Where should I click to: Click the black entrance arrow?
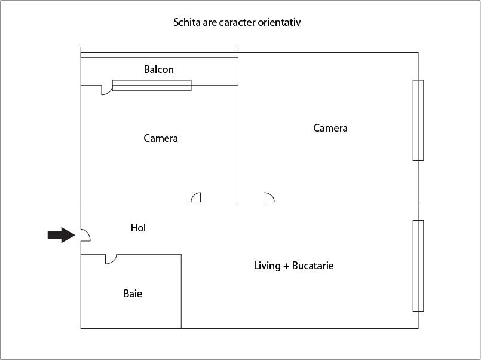click(x=62, y=235)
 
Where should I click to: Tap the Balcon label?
click(x=158, y=69)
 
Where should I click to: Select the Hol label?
click(x=138, y=228)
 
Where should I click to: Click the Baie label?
click(x=133, y=294)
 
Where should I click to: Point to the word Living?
click(x=267, y=266)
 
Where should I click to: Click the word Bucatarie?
click(x=313, y=266)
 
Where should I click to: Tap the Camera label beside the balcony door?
click(x=161, y=138)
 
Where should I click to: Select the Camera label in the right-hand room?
click(x=330, y=128)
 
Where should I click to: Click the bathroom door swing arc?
click(x=111, y=259)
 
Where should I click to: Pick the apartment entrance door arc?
click(x=85, y=235)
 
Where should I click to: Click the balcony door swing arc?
click(x=107, y=90)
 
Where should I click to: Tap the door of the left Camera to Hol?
click(x=196, y=197)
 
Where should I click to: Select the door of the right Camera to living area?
click(x=269, y=197)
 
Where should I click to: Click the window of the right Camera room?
click(x=418, y=120)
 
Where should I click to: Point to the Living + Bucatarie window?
click(x=418, y=266)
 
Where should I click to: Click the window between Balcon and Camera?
click(x=152, y=86)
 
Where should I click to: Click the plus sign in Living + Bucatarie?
click(x=286, y=266)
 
